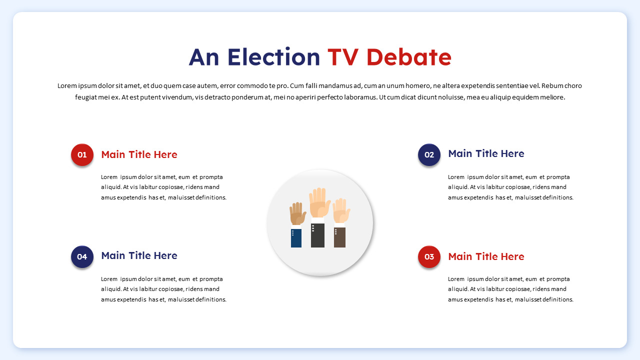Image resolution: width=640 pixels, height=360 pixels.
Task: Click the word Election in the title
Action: click(x=273, y=57)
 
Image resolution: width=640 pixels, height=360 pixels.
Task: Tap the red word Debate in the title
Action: click(x=408, y=57)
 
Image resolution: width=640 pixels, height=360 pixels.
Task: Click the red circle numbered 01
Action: click(x=82, y=154)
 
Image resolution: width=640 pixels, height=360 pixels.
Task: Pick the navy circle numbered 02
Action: click(x=429, y=154)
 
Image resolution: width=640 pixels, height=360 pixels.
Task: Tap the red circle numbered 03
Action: click(x=429, y=256)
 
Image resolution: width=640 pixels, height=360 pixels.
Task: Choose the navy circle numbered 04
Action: click(x=82, y=256)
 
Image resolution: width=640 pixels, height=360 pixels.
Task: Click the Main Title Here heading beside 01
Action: click(x=139, y=154)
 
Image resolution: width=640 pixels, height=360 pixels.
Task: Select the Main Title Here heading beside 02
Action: click(x=486, y=153)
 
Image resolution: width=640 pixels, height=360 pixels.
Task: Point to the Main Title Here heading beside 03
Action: click(x=486, y=256)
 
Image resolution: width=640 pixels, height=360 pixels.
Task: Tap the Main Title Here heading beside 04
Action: click(x=139, y=255)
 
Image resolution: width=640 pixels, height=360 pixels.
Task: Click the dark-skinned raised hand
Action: click(x=297, y=214)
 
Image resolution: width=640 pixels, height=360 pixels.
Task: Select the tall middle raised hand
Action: click(x=318, y=202)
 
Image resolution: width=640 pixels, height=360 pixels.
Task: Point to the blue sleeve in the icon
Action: click(x=296, y=238)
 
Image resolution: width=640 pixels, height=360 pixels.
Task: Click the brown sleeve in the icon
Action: click(x=339, y=237)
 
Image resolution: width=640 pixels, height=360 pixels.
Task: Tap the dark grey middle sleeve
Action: click(x=317, y=235)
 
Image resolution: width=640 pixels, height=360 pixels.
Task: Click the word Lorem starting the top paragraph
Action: click(x=66, y=86)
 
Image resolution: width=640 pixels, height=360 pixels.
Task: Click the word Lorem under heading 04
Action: click(x=109, y=279)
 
